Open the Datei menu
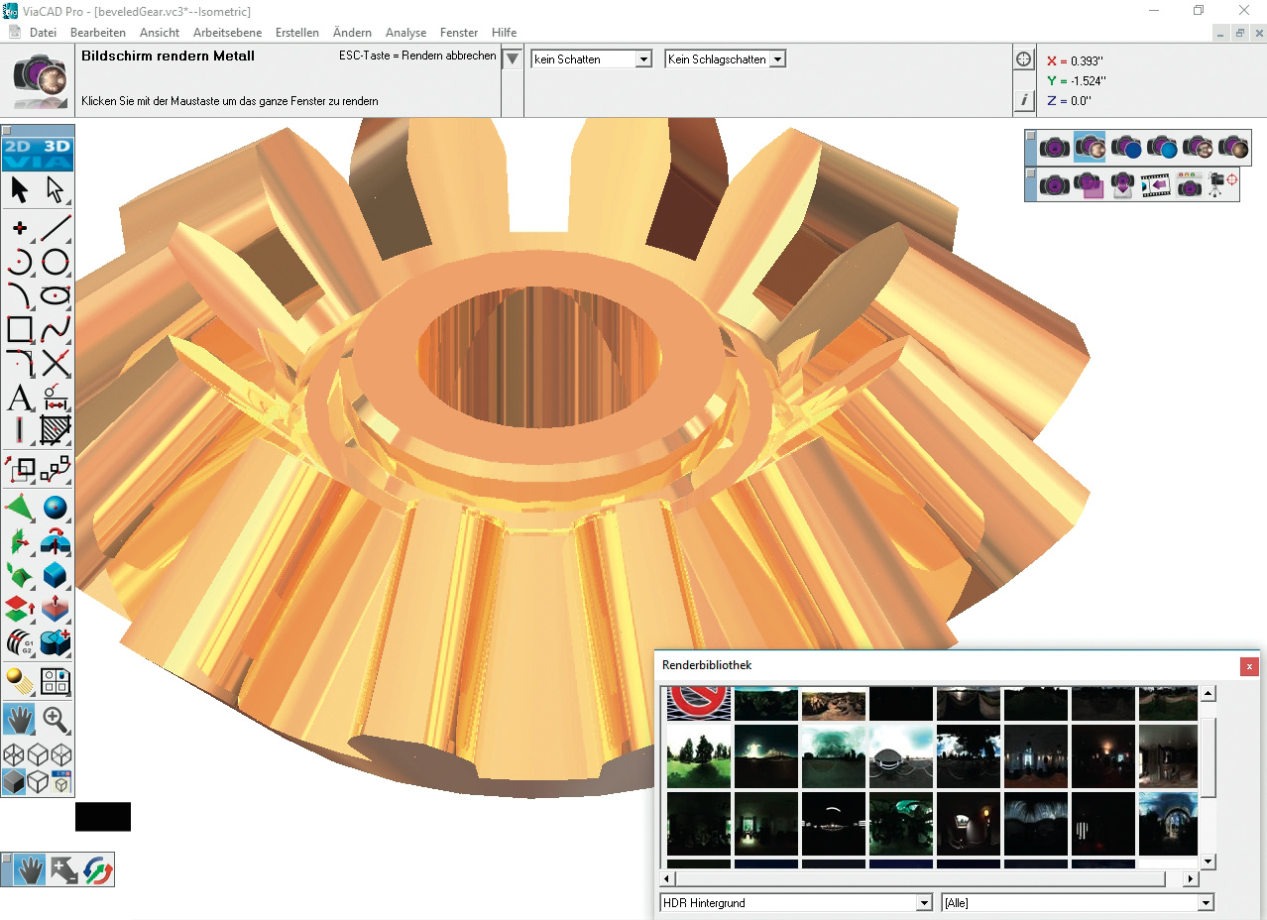coord(43,33)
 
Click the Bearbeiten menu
coord(98,33)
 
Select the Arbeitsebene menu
coord(227,33)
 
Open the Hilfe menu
coord(504,33)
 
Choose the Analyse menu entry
coord(405,33)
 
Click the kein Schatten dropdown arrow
coord(643,59)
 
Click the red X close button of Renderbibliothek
coord(1249,666)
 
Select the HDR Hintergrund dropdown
coord(796,902)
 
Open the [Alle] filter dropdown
coord(1077,902)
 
